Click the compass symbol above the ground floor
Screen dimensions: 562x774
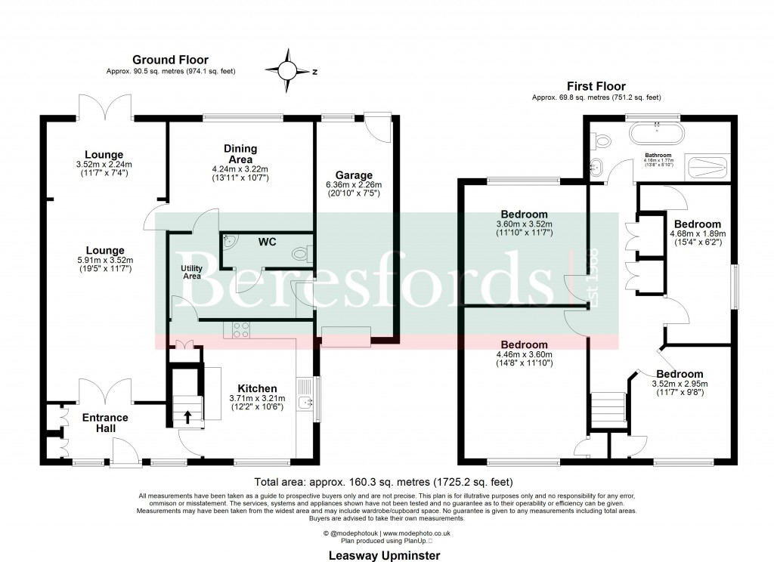tap(287, 70)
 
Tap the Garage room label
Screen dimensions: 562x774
tap(354, 175)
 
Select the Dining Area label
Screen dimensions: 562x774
tap(240, 153)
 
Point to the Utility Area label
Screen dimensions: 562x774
tap(191, 272)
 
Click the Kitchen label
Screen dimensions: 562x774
tap(256, 388)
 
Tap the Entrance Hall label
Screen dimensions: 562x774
tap(105, 423)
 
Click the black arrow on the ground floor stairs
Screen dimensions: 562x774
tap(188, 415)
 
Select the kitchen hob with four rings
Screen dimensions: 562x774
tap(240, 330)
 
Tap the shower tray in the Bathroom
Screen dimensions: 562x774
tap(707, 168)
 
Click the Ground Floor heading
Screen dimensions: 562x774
tap(170, 60)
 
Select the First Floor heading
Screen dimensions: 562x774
tap(596, 86)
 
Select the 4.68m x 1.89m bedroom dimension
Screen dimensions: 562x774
tap(698, 234)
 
